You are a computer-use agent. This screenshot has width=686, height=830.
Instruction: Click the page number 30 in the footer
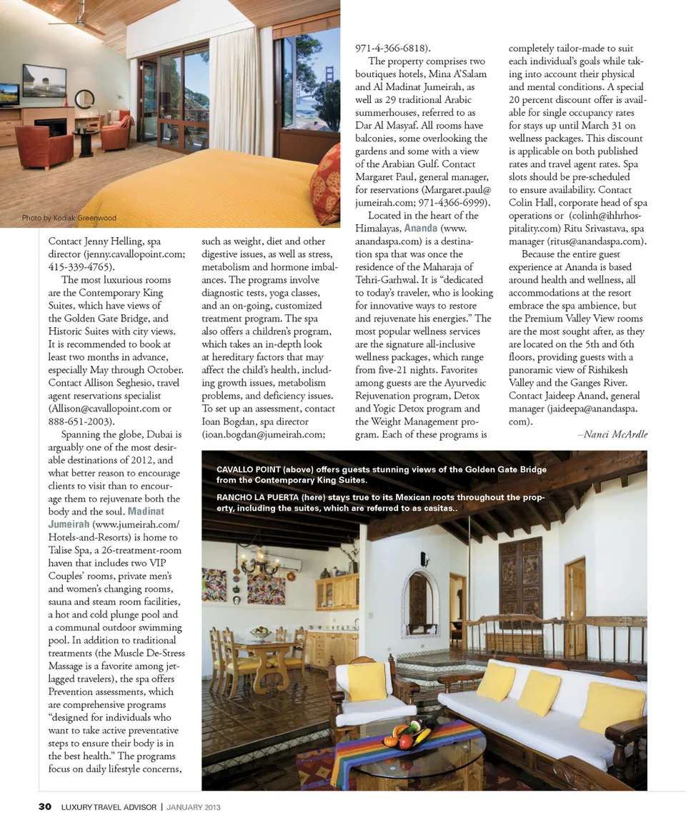pos(44,807)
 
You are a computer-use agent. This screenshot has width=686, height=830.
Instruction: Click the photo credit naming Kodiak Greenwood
pos(69,218)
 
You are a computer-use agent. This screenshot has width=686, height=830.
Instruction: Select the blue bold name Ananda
pos(420,229)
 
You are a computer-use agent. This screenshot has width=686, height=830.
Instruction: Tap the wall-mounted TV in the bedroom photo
pos(44,81)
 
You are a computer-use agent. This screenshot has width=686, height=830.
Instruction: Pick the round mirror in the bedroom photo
pos(84,98)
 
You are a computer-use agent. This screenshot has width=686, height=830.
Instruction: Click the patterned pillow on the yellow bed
pos(325,184)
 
